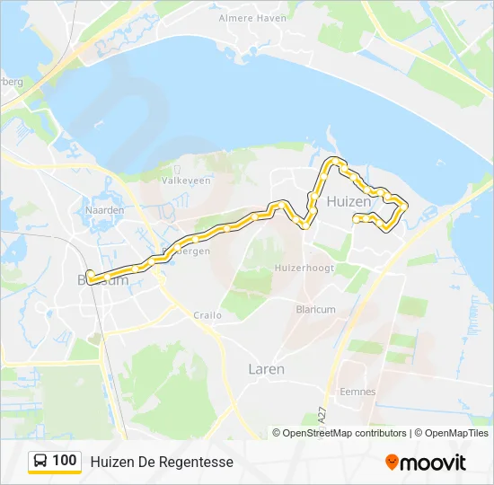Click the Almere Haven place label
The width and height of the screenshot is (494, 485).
[x=252, y=18]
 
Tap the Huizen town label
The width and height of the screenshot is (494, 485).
[x=348, y=202]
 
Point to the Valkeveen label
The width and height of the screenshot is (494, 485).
[x=185, y=181]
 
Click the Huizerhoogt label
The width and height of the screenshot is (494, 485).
[x=305, y=268]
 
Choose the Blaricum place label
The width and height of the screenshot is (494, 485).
[x=315, y=309]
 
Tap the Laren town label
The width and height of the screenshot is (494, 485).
[x=266, y=369]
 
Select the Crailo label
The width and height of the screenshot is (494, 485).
[x=207, y=315]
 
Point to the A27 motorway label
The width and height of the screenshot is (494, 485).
[x=321, y=416]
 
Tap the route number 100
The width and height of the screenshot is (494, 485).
[x=65, y=461]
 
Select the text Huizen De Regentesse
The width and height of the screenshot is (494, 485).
[x=162, y=462]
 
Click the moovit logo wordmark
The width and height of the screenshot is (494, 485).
[x=434, y=463]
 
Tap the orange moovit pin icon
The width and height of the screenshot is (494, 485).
[x=392, y=463]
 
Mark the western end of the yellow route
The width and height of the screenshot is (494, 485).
[x=89, y=277]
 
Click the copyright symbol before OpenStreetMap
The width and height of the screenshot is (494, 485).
[x=277, y=433]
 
